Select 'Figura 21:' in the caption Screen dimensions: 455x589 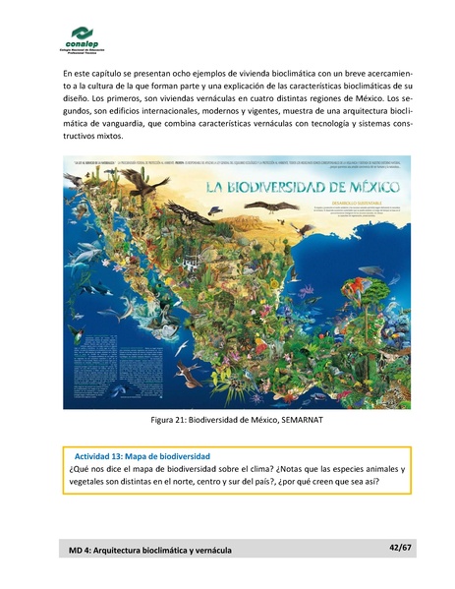[x=172, y=422]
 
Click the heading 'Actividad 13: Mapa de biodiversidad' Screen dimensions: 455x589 [x=142, y=456]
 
